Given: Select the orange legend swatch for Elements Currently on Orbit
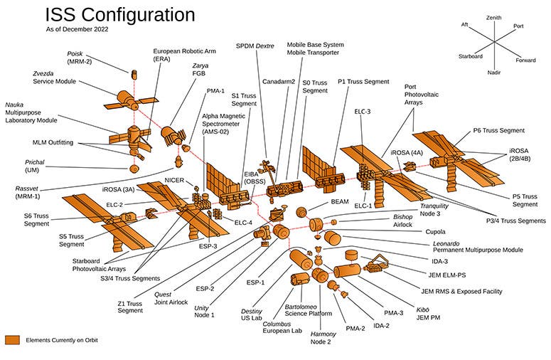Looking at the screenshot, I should (13, 340).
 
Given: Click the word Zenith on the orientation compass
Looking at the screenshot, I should (493, 17).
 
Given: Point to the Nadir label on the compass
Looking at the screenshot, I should (494, 72).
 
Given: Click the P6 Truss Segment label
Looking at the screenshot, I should (498, 130).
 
